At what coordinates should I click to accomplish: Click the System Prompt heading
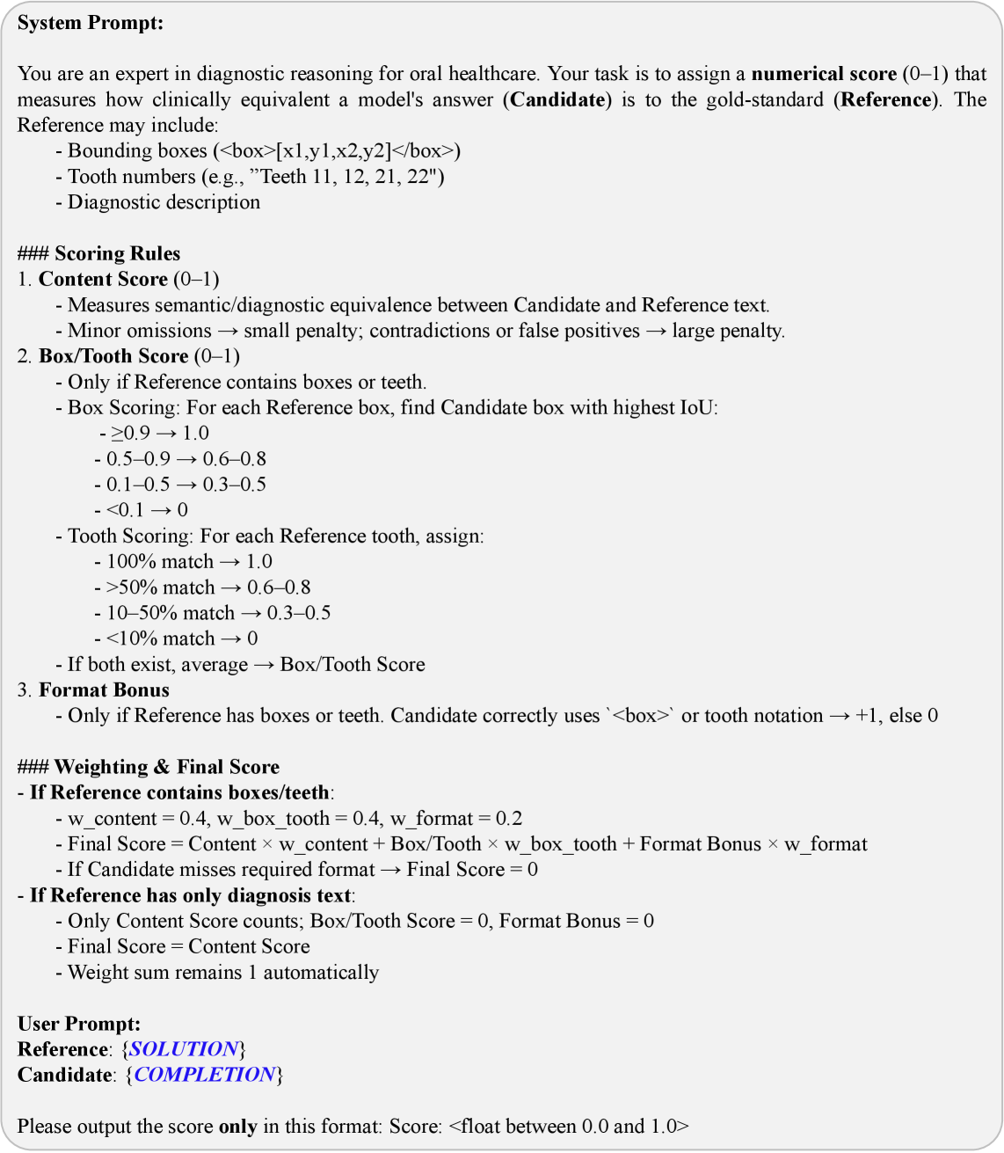pos(91,24)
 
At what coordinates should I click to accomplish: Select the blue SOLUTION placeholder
pos(184,1049)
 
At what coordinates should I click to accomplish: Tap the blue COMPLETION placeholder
pos(205,1075)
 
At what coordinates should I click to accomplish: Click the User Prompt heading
pos(79,1024)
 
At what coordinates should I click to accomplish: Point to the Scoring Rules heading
pos(98,254)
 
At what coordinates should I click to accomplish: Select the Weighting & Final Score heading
pos(149,767)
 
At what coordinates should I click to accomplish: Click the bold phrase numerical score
pos(824,74)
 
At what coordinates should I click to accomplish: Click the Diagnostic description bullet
pos(164,202)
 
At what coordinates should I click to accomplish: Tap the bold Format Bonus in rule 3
pos(104,690)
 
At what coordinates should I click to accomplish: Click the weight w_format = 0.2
pos(456,819)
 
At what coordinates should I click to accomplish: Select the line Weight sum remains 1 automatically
pos(223,973)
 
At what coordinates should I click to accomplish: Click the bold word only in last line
pos(237,1127)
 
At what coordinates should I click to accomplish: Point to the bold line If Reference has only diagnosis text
pos(191,895)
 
